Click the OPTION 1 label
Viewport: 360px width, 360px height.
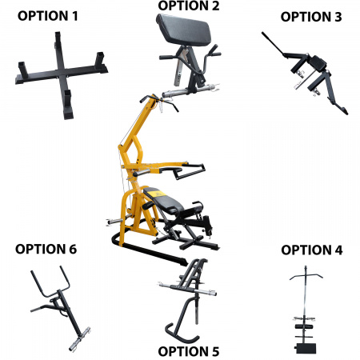coord(48,16)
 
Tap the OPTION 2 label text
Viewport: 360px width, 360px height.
coord(189,6)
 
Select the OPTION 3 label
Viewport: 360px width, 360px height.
coord(311,17)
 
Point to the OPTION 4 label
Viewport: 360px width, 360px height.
coord(311,250)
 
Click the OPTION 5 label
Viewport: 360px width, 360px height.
coord(189,351)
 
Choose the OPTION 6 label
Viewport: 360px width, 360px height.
coord(46,249)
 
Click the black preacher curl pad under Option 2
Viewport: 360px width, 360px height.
coord(184,29)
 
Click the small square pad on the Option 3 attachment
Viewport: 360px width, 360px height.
coord(318,64)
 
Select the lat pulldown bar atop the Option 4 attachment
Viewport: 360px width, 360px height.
coord(306,275)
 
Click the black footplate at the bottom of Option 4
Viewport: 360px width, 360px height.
coord(306,348)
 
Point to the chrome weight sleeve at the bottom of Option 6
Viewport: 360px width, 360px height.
coord(79,339)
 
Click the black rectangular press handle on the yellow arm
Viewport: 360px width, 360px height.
coord(190,171)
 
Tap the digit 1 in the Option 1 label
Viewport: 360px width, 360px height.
coord(74,16)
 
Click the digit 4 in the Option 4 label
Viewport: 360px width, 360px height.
coord(338,250)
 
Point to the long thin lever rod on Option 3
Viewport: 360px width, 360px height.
coord(272,43)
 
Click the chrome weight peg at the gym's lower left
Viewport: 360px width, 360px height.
coord(115,222)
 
